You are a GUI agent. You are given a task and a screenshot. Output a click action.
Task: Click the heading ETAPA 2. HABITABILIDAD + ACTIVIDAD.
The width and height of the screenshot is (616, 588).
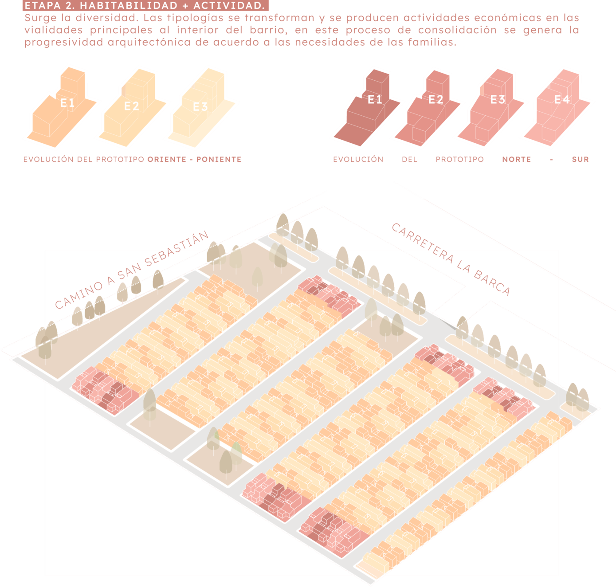point(145,5)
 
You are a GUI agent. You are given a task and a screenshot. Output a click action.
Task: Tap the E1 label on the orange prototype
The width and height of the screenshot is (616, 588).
point(67,103)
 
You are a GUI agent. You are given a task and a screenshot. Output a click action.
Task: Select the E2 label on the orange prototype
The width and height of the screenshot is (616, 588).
point(132,106)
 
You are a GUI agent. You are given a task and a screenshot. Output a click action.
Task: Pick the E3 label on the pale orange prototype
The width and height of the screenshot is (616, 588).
point(200,107)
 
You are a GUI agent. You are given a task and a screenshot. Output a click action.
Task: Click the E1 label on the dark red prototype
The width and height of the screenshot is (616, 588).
point(375,100)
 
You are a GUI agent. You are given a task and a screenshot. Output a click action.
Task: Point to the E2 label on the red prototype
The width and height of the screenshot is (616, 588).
point(436,100)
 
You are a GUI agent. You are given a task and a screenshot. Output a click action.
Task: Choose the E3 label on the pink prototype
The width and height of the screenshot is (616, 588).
point(498,100)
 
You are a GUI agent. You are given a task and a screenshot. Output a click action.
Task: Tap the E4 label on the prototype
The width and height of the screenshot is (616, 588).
point(562,100)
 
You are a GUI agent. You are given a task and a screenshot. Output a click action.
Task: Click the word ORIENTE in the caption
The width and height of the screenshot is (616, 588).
point(167,160)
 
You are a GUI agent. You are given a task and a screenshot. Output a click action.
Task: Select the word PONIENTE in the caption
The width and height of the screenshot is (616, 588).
point(219,160)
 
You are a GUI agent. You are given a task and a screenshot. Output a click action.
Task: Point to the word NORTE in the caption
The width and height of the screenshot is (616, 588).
point(517,160)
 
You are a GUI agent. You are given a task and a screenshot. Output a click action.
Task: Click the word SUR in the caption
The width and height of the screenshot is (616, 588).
point(581,160)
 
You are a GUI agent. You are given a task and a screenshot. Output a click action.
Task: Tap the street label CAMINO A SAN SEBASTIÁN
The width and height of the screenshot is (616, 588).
point(132,270)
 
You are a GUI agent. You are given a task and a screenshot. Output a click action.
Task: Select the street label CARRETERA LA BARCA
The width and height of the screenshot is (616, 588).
point(451,259)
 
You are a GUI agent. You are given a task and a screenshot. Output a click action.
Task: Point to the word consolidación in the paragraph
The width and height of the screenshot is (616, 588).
point(458,30)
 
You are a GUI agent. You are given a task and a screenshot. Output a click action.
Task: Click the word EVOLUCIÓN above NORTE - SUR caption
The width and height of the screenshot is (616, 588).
point(358,160)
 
